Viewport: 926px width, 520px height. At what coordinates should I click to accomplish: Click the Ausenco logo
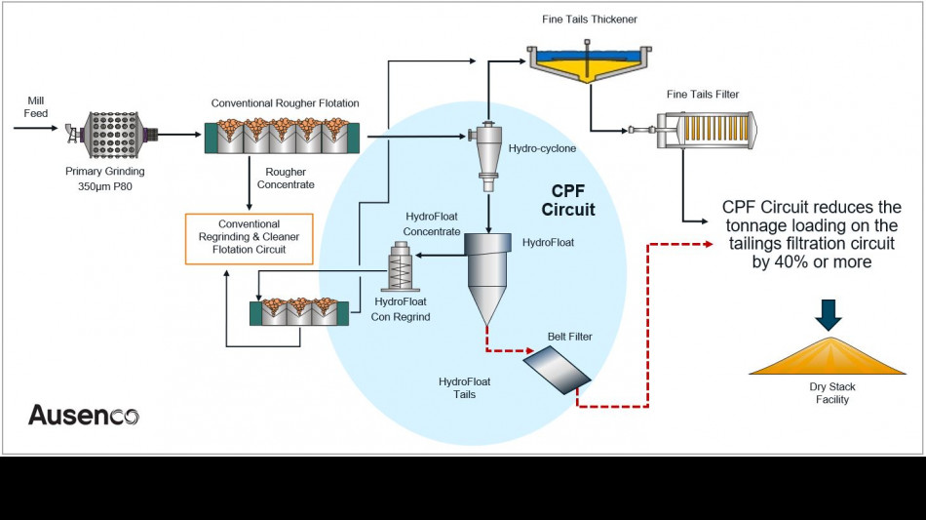pos(83,415)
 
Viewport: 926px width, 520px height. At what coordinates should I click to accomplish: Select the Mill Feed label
pos(35,107)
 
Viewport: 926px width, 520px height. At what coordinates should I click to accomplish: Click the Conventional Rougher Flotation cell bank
pos(282,135)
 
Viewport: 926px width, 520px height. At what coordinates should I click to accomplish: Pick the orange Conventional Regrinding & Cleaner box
pos(250,237)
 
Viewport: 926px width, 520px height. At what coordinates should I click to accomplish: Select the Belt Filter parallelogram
pos(556,368)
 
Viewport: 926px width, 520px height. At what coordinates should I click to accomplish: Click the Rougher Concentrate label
pos(286,179)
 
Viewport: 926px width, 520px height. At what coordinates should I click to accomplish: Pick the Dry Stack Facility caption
pos(831,393)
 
